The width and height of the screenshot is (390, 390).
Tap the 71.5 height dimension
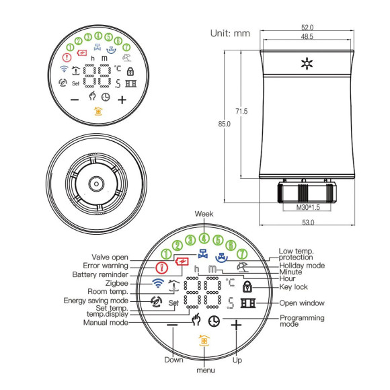point(241,110)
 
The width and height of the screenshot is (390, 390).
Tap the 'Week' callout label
point(204,213)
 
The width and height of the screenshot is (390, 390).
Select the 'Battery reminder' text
point(101,275)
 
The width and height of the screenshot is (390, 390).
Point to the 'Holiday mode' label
point(303,266)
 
